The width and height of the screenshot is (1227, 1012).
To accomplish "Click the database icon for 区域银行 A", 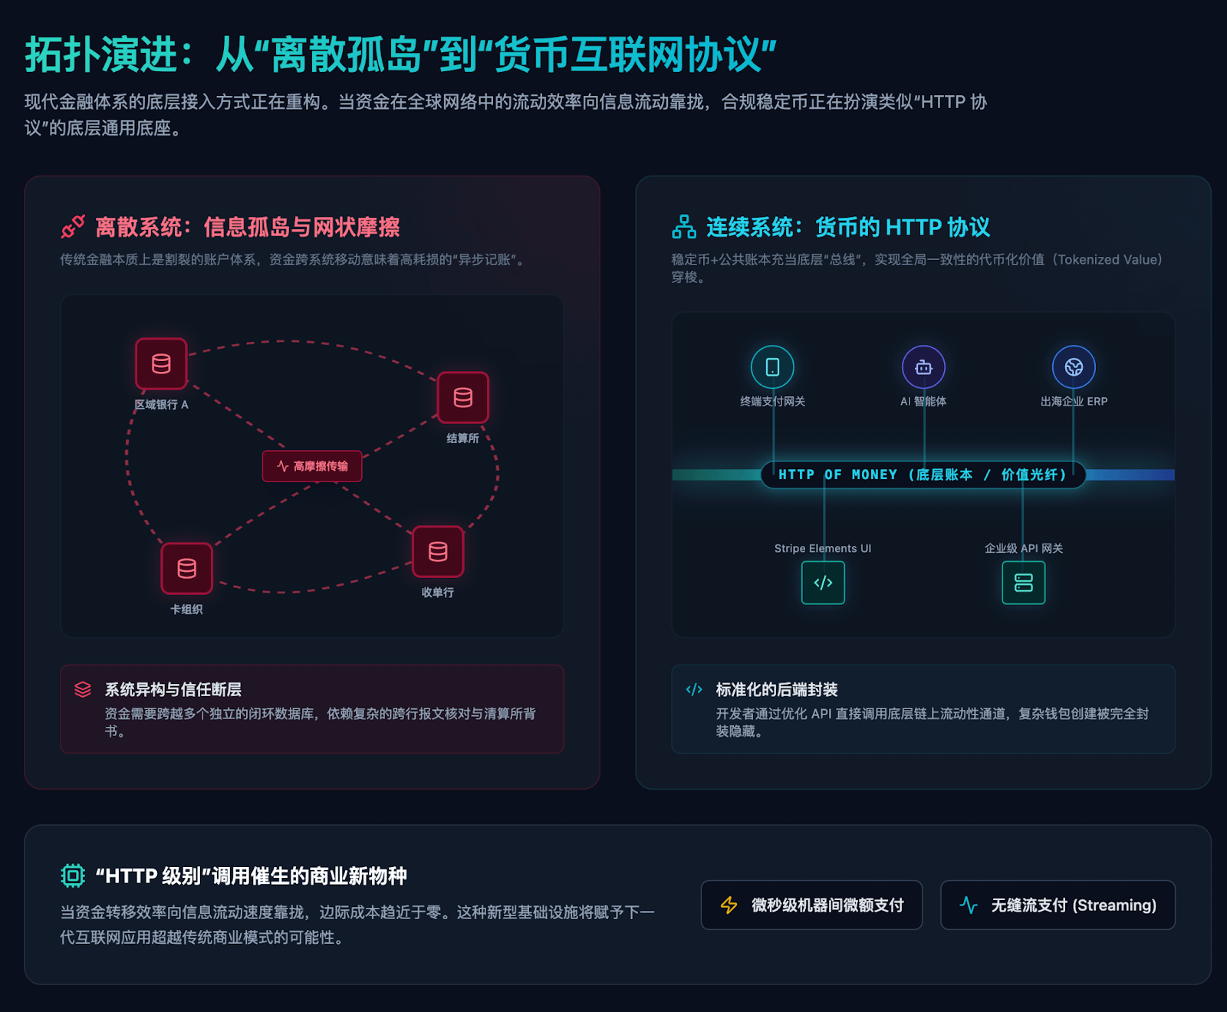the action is [161, 363].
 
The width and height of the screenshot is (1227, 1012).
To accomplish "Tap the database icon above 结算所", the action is [462, 397].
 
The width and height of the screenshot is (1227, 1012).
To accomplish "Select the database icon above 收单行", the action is [438, 551].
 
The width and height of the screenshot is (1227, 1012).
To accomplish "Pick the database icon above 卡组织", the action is [186, 568].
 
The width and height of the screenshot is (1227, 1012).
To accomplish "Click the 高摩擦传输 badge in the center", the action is [312, 466].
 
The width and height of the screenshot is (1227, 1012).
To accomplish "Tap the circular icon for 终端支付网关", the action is [772, 367].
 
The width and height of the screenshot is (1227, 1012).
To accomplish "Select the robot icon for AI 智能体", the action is [923, 367].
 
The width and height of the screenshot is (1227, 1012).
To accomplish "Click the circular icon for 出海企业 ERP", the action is [1074, 367].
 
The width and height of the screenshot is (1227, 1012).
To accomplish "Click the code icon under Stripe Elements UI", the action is [823, 583].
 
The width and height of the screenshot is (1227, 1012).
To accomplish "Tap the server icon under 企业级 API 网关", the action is [1023, 583].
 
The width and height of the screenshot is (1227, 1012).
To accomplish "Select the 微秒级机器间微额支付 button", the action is [811, 905].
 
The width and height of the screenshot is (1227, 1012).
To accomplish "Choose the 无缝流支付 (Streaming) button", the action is [1058, 905].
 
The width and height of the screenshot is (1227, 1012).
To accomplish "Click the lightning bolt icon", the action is [729, 905].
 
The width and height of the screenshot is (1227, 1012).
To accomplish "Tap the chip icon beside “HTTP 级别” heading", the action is [73, 876].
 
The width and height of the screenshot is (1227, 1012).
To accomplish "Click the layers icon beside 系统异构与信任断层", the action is [83, 689].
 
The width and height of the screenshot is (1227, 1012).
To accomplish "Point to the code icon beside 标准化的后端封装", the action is [694, 689].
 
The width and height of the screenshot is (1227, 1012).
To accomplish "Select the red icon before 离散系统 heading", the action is [73, 227].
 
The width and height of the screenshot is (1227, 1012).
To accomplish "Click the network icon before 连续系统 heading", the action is [684, 227].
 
